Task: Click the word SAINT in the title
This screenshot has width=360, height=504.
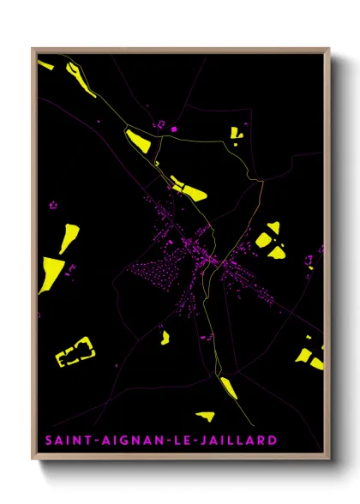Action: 63,441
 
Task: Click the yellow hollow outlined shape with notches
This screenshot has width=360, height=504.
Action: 75,351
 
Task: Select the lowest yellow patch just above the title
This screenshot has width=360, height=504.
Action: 204,417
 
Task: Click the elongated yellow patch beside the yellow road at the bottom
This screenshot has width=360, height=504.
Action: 228,387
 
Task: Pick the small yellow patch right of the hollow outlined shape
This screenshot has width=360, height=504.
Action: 165,337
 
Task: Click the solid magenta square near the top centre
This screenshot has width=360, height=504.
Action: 174,129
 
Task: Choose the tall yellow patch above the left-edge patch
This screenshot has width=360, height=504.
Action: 69,234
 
